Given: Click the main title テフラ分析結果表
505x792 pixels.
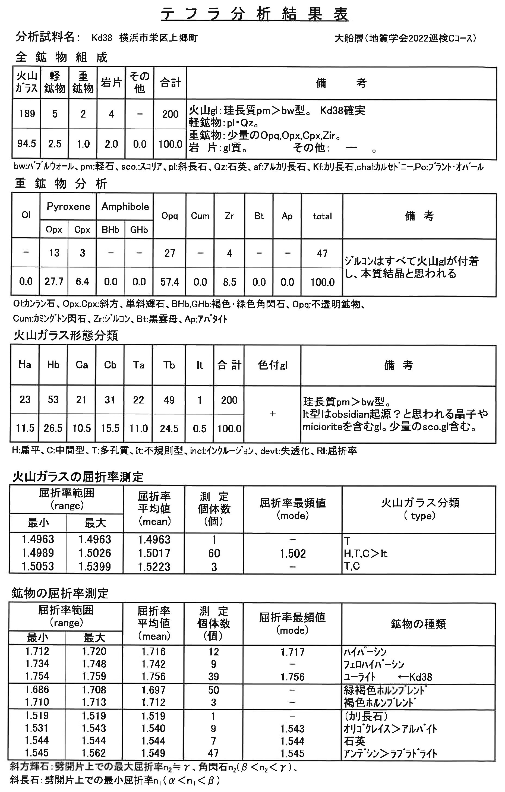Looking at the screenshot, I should [254, 14].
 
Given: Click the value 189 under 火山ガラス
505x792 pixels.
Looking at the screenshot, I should [27, 114].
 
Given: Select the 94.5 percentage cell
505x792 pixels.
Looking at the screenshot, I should [27, 144].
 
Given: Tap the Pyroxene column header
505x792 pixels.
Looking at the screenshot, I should [68, 207].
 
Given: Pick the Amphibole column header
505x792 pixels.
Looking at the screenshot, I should [125, 207].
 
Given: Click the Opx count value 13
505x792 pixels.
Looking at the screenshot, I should [54, 253].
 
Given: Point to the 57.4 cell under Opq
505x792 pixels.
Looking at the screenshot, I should [169, 282].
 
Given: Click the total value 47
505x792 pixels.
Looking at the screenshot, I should [322, 253].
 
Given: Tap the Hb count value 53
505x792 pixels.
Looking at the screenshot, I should [53, 400].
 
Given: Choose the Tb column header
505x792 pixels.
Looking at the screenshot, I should [169, 365].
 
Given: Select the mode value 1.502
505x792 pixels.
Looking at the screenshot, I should [292, 554].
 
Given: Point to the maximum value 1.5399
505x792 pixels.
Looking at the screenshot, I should [95, 566].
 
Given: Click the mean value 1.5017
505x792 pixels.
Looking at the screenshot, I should [154, 553].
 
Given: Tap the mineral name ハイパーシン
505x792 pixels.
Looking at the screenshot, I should [365, 652].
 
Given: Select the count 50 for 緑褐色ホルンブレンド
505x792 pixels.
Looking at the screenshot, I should [213, 690].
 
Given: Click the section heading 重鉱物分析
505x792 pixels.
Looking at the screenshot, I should [61, 184].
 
